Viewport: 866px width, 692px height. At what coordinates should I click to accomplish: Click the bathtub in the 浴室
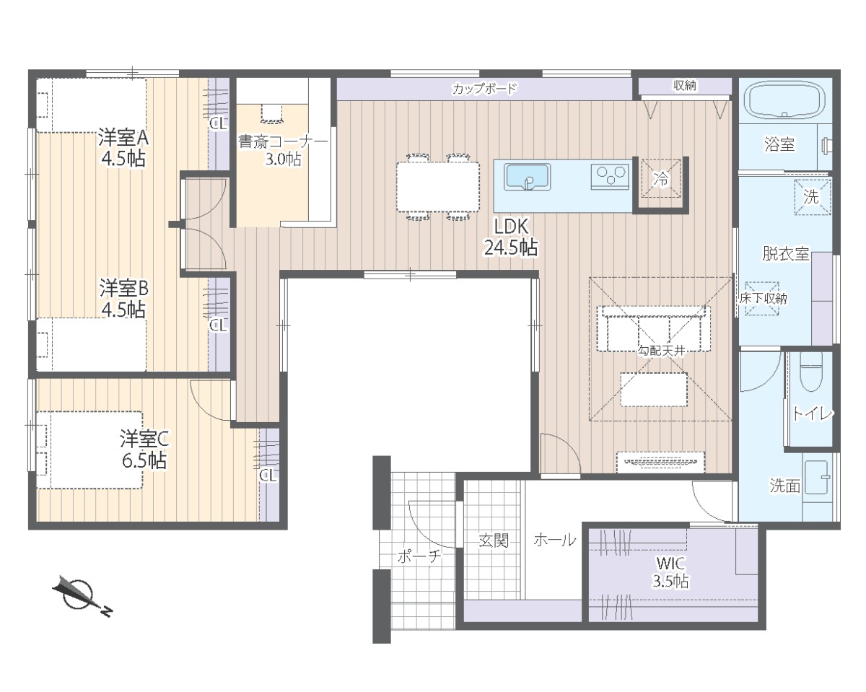pyautogui.click(x=784, y=100)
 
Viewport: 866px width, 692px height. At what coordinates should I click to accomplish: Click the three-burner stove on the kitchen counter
pyautogui.click(x=609, y=176)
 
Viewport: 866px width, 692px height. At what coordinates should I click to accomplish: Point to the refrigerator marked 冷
pyautogui.click(x=661, y=178)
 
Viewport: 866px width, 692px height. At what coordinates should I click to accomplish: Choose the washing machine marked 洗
pyautogui.click(x=812, y=197)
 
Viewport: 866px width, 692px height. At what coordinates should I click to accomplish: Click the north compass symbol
pyautogui.click(x=81, y=596)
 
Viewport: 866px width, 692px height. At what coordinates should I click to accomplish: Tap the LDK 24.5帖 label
pyautogui.click(x=511, y=237)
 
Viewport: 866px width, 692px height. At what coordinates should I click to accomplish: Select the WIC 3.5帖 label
pyautogui.click(x=670, y=572)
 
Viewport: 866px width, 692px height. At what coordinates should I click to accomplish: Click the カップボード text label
pyautogui.click(x=484, y=88)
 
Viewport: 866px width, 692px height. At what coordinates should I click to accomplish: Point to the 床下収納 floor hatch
pyautogui.click(x=762, y=299)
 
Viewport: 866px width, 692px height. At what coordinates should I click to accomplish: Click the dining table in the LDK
pyautogui.click(x=438, y=187)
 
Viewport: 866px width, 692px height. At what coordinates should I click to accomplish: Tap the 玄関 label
pyautogui.click(x=494, y=540)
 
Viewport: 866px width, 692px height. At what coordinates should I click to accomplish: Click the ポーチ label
pyautogui.click(x=419, y=556)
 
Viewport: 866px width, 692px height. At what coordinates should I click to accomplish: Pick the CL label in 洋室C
pyautogui.click(x=268, y=476)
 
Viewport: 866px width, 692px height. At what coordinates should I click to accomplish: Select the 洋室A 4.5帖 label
pyautogui.click(x=123, y=149)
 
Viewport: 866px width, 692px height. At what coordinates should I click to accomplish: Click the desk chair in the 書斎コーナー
pyautogui.click(x=273, y=113)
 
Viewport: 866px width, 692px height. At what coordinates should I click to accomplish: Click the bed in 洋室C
pyautogui.click(x=89, y=450)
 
